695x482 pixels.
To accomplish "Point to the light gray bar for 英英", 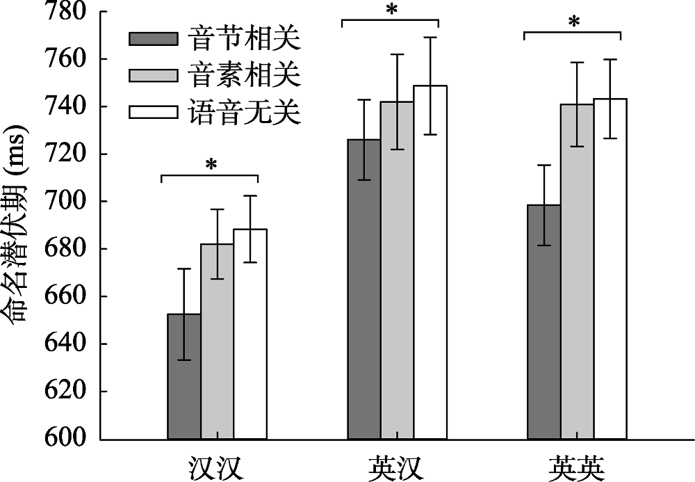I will tap(577, 271).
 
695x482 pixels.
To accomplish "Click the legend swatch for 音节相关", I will tap(154, 38).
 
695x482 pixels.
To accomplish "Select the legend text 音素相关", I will tap(244, 75).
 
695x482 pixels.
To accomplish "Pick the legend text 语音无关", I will tap(244, 112).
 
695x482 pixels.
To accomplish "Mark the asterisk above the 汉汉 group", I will tap(209, 166).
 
